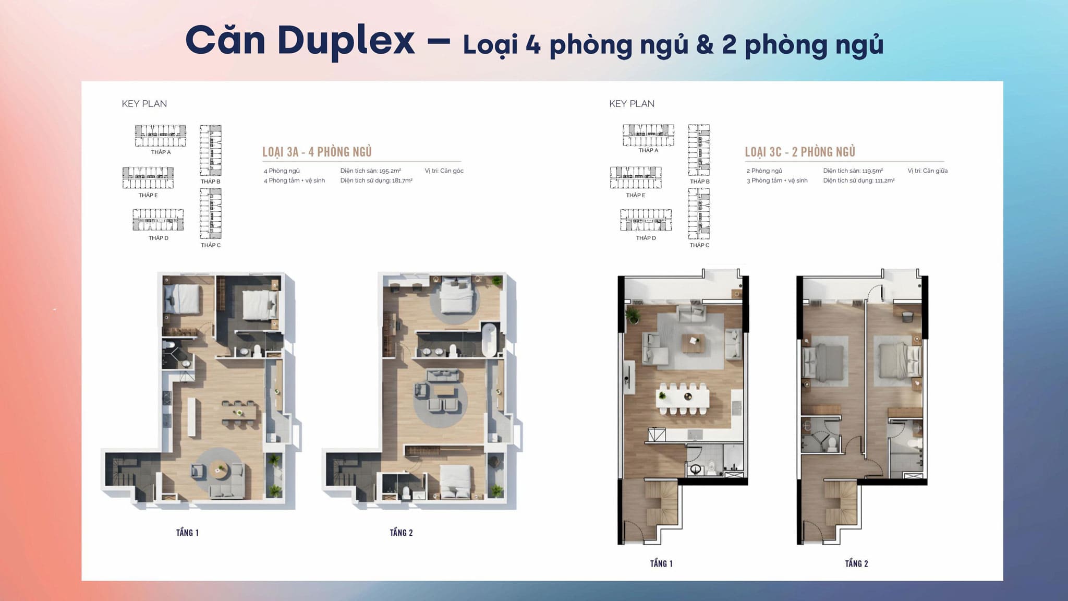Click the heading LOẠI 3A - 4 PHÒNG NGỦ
tap(317, 152)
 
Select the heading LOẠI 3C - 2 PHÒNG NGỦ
tap(800, 152)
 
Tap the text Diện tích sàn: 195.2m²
tap(371, 171)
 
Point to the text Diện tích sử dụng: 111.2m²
tap(859, 181)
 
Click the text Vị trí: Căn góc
tap(444, 171)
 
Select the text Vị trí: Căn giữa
tap(927, 171)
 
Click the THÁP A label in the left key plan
tap(161, 152)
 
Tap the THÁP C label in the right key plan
tap(699, 245)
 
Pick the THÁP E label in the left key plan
tap(148, 195)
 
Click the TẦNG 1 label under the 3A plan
tap(187, 533)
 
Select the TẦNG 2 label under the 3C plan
tap(856, 563)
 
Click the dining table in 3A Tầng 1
tap(240, 414)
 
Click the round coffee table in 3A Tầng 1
tap(220, 471)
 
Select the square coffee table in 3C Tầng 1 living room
tap(694, 343)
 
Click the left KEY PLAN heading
tap(144, 104)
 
